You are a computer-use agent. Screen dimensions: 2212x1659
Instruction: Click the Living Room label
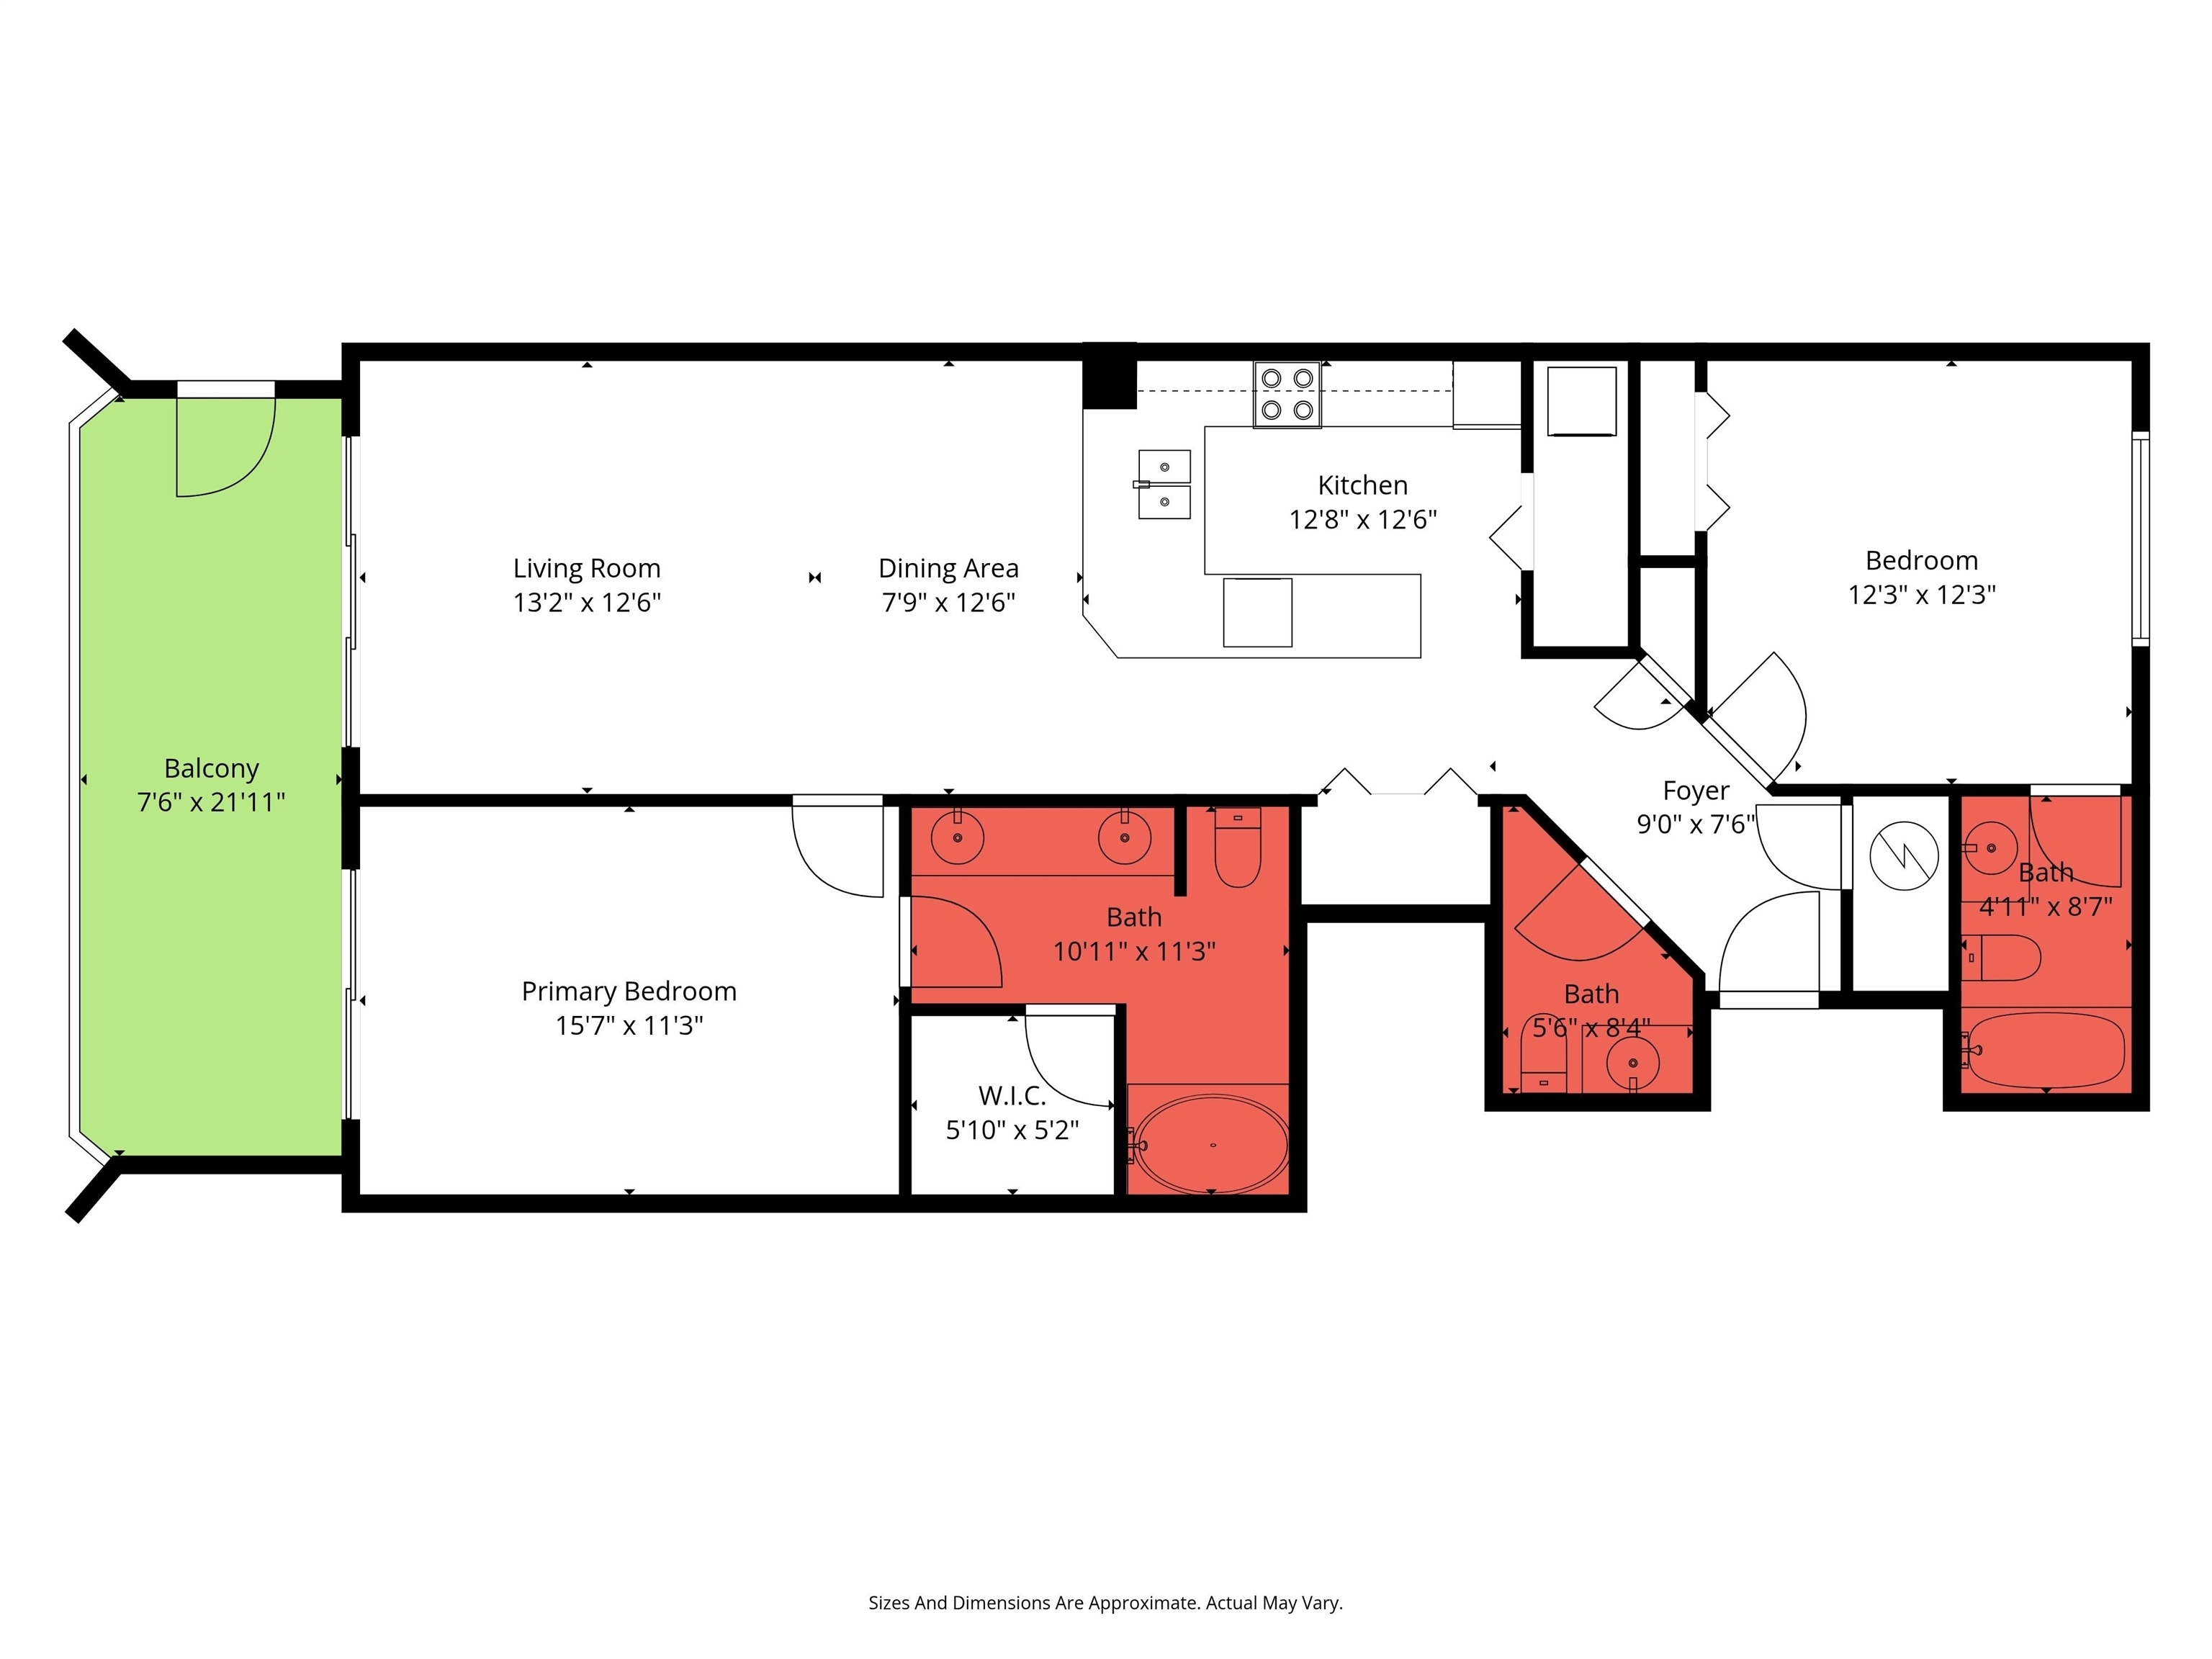[x=587, y=568]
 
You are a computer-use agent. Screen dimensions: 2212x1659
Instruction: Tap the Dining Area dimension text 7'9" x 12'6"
[x=948, y=602]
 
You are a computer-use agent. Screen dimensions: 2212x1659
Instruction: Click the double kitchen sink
[x=1164, y=484]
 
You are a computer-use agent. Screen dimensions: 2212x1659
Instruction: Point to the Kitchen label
[x=1363, y=485]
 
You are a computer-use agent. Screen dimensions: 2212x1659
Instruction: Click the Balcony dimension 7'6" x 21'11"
[x=211, y=802]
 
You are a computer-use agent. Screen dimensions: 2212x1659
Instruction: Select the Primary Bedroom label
[x=629, y=991]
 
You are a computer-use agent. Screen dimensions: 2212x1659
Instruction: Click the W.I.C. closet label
[x=1012, y=1096]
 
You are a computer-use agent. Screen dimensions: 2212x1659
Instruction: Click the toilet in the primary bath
[x=1238, y=848]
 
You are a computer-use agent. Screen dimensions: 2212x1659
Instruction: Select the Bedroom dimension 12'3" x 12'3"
[x=1921, y=594]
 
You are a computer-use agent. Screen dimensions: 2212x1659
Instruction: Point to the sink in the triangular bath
[x=1633, y=1062]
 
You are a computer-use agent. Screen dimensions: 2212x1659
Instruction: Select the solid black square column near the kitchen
[x=1110, y=376]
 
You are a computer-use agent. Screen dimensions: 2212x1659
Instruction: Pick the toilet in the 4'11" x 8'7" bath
[x=2000, y=958]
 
